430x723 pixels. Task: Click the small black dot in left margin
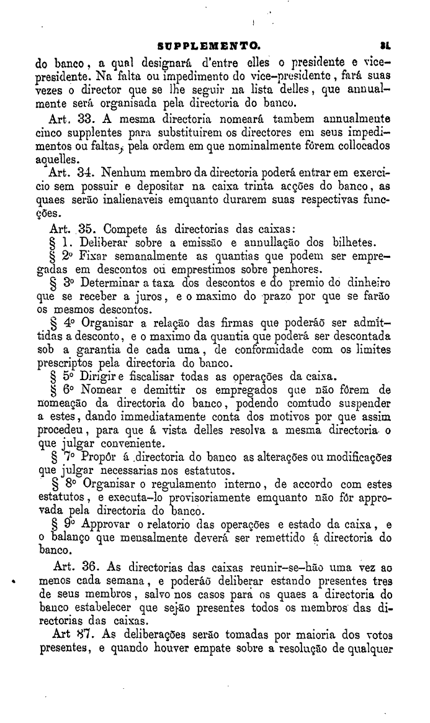tap(14, 583)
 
